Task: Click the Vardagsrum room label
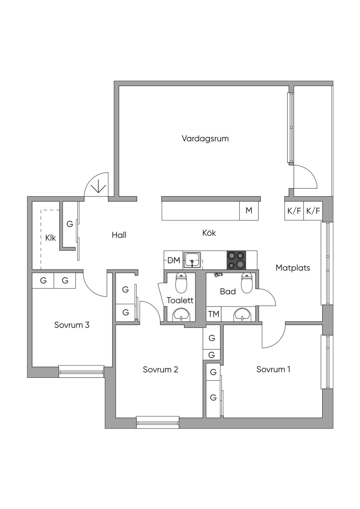coord(205,138)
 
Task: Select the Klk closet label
coord(51,238)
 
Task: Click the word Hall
coord(119,235)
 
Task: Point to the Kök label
coord(209,233)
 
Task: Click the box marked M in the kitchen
coord(249,211)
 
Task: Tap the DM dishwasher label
coord(174,260)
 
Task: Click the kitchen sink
coord(192,260)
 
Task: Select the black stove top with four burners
coord(236,260)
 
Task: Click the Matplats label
coord(293,268)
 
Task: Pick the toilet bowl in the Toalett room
coord(181,283)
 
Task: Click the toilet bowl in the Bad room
coord(246,283)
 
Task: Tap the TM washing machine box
coord(214,314)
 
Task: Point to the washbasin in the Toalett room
coord(181,315)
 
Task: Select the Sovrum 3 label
coord(72,325)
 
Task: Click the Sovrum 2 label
coord(160,370)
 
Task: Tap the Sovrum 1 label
coord(273,369)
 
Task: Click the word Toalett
coord(180,301)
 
